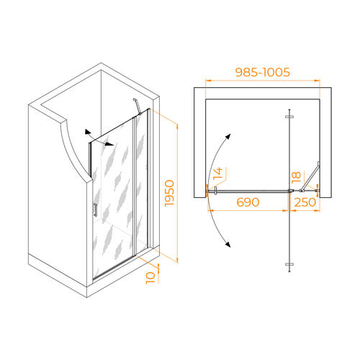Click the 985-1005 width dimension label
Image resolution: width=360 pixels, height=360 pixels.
coord(263,72)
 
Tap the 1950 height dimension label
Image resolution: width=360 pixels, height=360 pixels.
coord(169,193)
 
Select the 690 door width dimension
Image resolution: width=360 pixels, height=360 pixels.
coord(248,202)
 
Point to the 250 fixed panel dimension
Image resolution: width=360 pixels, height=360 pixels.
coord(305,202)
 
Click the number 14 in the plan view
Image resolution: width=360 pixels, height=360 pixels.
coord(218,174)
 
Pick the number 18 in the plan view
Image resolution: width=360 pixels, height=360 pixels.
coord(296,177)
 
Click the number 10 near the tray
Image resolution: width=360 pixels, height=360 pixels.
coord(150,278)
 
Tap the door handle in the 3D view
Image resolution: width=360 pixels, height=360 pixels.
coord(96,210)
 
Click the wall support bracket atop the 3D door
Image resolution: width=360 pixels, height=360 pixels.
coord(137,107)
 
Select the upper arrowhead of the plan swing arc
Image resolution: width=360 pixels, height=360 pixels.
coord(228,137)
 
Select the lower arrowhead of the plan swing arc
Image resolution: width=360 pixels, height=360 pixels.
coord(228,244)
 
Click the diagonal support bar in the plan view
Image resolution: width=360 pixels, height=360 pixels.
coord(310,177)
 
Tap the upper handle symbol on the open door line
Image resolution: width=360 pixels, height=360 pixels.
coord(289,117)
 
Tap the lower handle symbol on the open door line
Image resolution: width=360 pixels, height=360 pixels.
coord(289,264)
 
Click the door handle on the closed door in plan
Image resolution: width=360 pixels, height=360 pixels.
coord(216,191)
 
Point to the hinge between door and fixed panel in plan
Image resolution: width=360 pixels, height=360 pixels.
coord(290,191)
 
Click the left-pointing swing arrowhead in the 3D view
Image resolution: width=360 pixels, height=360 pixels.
coord(87,132)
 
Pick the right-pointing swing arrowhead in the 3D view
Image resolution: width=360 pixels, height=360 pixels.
coord(110,145)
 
